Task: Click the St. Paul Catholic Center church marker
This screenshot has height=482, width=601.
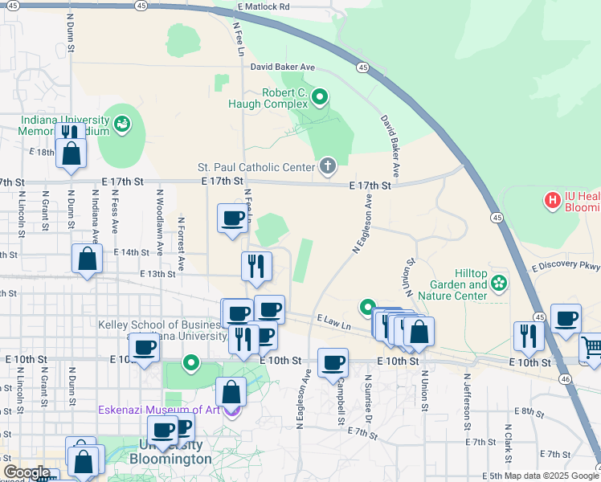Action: click(327, 166)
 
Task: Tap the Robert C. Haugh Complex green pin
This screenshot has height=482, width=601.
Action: click(320, 99)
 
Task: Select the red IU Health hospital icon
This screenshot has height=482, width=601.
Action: click(552, 199)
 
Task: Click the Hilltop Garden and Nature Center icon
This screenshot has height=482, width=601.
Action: click(499, 283)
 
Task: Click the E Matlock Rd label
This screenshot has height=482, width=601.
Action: click(264, 6)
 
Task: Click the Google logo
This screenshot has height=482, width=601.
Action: click(26, 472)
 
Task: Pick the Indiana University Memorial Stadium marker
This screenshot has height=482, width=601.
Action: click(122, 124)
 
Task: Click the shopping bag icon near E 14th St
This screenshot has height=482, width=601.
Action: click(87, 259)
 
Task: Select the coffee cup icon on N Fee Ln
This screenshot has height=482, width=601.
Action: click(233, 218)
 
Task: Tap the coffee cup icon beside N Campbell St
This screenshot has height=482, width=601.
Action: click(333, 362)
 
